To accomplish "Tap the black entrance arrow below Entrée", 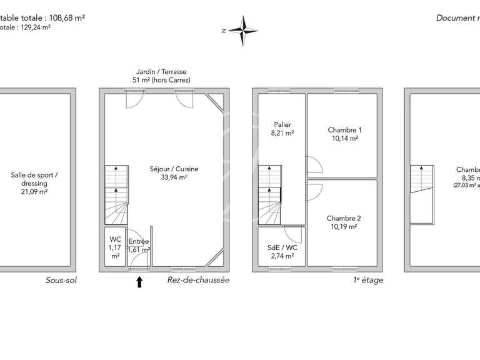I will pyautogui.click(x=139, y=282).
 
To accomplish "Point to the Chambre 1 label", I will pyautogui.click(x=344, y=130).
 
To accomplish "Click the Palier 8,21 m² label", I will pyautogui.click(x=282, y=129).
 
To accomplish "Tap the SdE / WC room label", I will pyautogui.click(x=282, y=247).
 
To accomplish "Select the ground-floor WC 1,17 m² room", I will pyautogui.click(x=115, y=247).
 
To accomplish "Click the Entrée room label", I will pyautogui.click(x=138, y=241).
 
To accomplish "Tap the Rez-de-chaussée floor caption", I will pyautogui.click(x=198, y=280).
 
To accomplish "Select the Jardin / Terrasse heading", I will pyautogui.click(x=161, y=72).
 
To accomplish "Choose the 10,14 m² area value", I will pyautogui.click(x=344, y=139).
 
